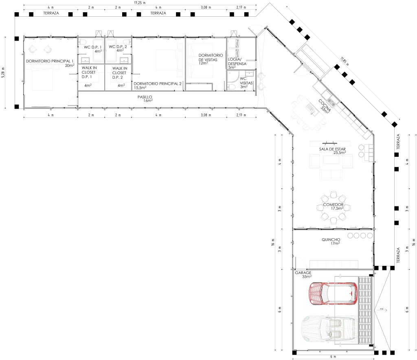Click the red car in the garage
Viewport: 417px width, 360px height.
click(x=334, y=293)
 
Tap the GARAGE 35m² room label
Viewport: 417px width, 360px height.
click(x=303, y=274)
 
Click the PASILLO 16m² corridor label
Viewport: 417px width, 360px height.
click(x=145, y=99)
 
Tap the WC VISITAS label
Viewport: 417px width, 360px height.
click(x=246, y=83)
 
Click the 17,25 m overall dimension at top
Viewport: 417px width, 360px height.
click(x=140, y=3)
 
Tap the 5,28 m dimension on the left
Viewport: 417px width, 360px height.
click(x=3, y=72)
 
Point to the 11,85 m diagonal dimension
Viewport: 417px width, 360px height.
click(x=345, y=61)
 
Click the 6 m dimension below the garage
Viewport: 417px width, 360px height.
click(x=333, y=357)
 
